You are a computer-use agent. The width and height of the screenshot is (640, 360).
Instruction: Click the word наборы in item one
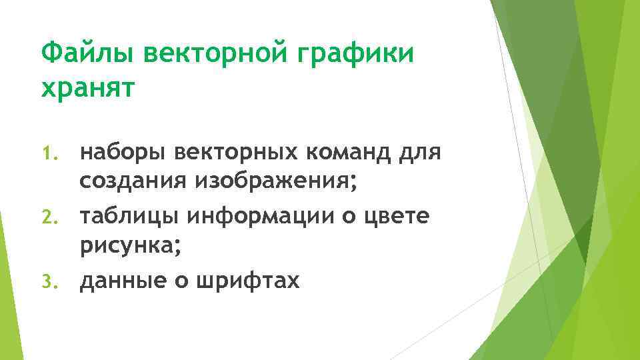[x=124, y=153]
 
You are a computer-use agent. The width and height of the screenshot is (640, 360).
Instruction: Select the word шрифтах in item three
[x=248, y=281]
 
